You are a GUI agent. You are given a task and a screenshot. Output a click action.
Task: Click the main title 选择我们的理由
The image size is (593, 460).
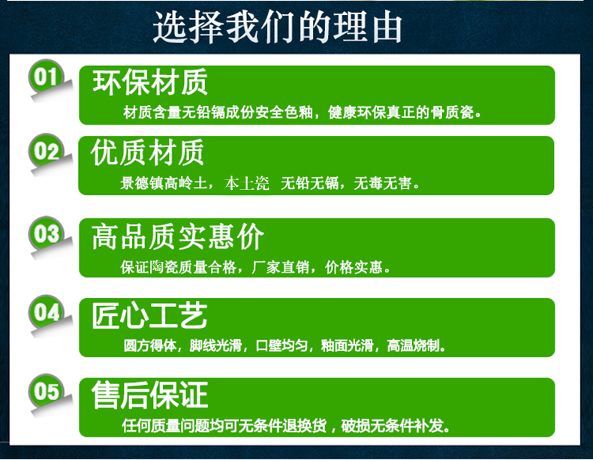(x=277, y=27)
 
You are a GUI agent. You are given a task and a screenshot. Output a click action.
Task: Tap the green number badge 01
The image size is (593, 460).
(x=46, y=76)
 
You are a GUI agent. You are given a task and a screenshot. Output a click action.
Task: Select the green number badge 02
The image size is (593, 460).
(x=46, y=150)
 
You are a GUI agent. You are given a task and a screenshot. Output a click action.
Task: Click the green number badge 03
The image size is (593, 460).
(x=46, y=233)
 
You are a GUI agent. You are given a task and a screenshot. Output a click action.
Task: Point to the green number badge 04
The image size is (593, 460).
(x=46, y=312)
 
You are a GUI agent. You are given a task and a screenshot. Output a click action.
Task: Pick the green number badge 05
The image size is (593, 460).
(x=46, y=390)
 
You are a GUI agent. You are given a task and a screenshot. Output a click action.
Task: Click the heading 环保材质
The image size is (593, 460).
(x=150, y=82)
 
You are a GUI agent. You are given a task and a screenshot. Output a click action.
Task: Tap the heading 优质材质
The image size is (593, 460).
(x=147, y=152)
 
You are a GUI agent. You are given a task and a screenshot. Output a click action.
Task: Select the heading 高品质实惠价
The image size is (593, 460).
(x=178, y=236)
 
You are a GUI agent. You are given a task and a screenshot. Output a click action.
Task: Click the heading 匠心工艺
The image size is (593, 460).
(x=150, y=316)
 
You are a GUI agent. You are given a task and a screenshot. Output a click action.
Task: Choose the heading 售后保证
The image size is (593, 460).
(x=150, y=395)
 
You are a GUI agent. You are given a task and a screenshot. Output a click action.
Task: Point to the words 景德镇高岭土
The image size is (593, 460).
(x=164, y=183)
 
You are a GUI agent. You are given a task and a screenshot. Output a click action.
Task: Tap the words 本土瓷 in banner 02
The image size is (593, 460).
(x=246, y=183)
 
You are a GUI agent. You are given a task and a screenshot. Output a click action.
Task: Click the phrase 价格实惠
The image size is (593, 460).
(x=354, y=267)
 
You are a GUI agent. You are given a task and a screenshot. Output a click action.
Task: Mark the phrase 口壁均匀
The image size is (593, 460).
(x=281, y=345)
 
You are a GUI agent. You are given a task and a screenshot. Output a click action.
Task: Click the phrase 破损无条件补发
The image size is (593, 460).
(x=392, y=426)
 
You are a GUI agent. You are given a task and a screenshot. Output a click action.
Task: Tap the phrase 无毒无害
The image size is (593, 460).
(x=382, y=183)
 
